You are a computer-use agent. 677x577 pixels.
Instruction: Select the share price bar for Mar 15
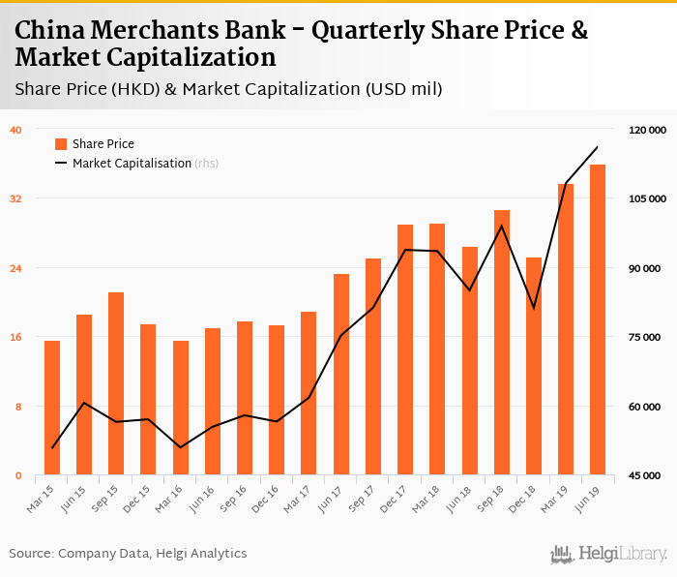click(52, 408)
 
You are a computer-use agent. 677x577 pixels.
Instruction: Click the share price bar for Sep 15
click(116, 383)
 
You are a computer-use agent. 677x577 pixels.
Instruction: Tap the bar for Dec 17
click(405, 349)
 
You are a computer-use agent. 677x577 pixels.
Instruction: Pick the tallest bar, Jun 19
click(598, 319)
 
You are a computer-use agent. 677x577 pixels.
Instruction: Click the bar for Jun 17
click(341, 375)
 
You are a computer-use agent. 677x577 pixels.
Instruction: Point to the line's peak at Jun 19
click(598, 147)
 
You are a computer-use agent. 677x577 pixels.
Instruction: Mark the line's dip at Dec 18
click(534, 308)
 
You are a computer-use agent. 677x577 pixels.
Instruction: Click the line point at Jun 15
click(84, 403)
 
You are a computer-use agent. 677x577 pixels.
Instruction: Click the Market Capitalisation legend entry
click(132, 164)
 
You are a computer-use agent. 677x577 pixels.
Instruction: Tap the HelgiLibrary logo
click(608, 554)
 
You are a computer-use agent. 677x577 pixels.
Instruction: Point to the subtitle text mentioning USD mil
click(228, 90)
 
